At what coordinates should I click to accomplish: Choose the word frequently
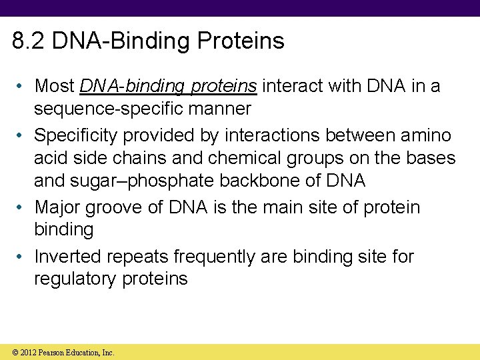coord(222,256)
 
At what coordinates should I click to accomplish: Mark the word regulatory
coord(75,279)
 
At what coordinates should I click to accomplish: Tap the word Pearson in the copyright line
coord(53,353)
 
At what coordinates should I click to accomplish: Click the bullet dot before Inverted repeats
coord(22,257)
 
